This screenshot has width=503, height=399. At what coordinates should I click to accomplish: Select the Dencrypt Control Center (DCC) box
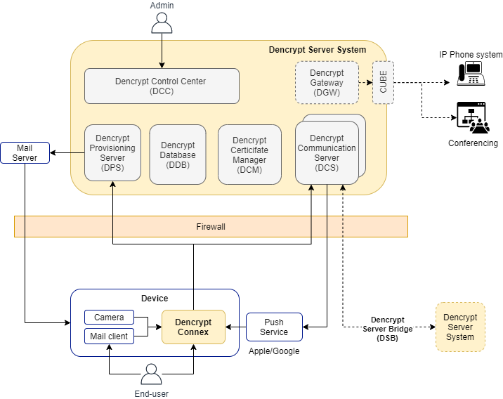click(x=162, y=86)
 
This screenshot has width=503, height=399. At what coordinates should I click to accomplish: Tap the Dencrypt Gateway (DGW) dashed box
click(x=327, y=82)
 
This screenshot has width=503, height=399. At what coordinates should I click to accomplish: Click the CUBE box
click(x=383, y=82)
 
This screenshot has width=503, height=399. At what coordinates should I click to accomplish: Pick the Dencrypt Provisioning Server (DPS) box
click(x=112, y=152)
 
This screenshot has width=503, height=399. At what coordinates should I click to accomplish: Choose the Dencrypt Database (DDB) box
click(x=178, y=155)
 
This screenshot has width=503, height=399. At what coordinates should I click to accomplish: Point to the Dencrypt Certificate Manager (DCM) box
click(x=249, y=155)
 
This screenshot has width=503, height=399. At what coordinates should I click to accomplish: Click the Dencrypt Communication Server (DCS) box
click(x=327, y=152)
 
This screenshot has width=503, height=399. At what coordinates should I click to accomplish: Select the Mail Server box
click(x=25, y=152)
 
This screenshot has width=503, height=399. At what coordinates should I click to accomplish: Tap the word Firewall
click(x=211, y=227)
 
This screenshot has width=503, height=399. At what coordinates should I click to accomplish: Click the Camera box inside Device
click(x=109, y=318)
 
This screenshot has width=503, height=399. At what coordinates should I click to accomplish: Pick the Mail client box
click(x=109, y=336)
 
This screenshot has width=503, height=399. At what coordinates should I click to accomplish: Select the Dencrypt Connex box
click(x=193, y=327)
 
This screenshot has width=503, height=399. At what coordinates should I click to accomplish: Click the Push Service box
click(x=274, y=327)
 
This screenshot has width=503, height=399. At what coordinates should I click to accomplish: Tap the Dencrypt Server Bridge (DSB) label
click(x=387, y=328)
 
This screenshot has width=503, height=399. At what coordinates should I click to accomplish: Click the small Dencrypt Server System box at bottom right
click(x=460, y=327)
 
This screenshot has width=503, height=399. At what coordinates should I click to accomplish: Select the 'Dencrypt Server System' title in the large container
click(x=318, y=50)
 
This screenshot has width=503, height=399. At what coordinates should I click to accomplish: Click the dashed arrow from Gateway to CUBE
click(x=365, y=82)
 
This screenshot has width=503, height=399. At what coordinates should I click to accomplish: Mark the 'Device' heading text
click(x=155, y=299)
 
